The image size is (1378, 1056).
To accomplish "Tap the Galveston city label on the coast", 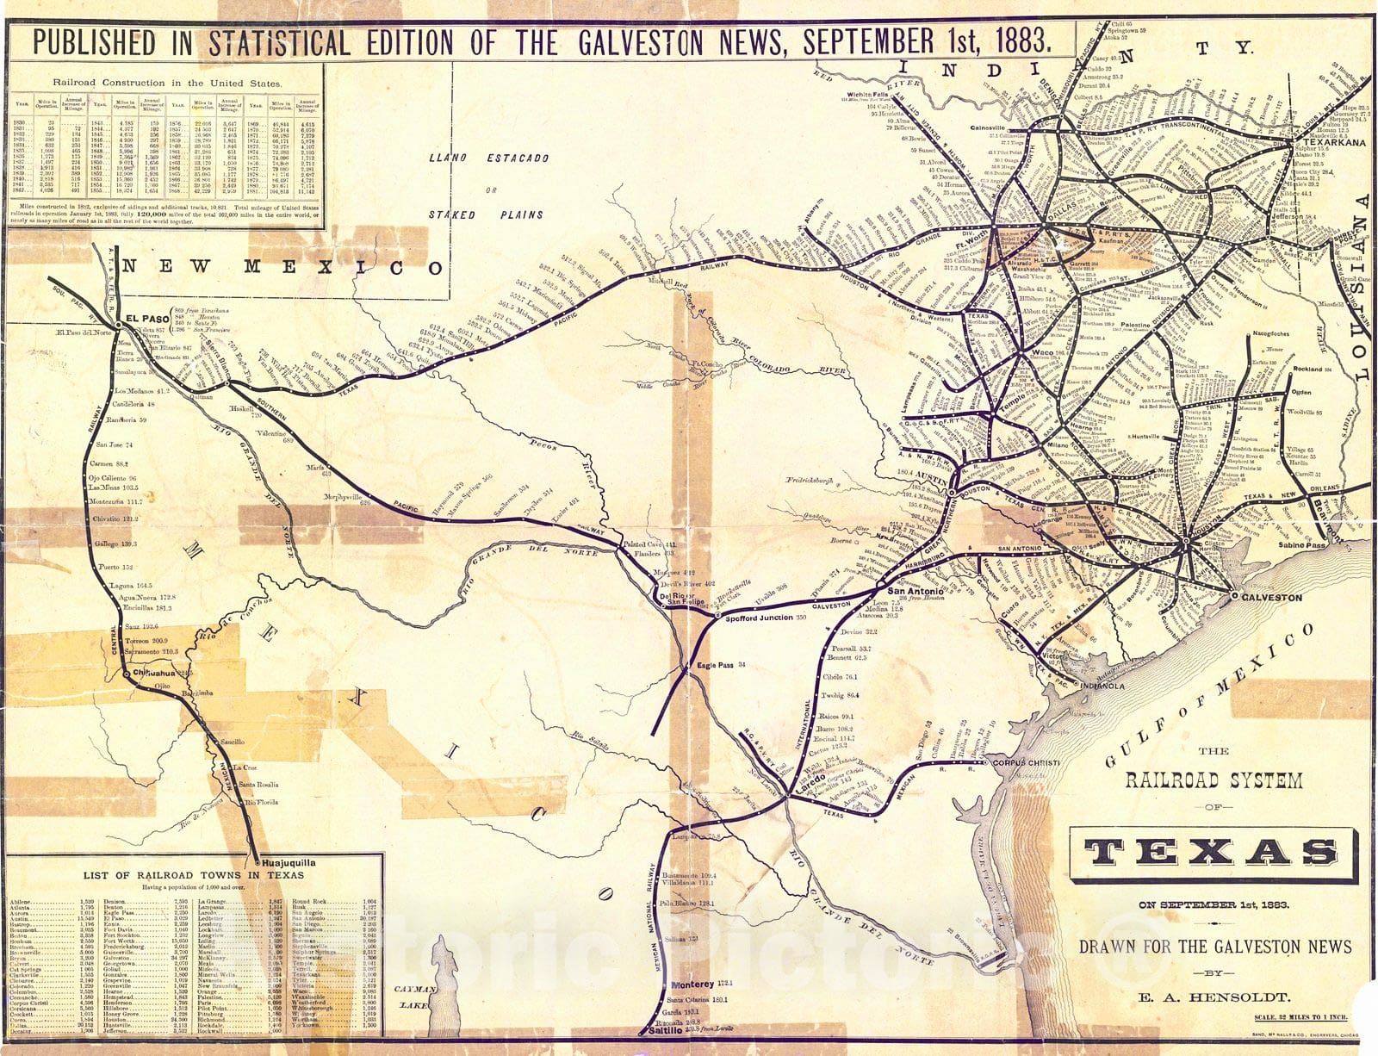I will point(1271,597).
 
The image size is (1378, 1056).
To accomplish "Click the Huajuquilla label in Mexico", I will point(289,862).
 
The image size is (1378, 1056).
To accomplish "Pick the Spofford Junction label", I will point(766,618).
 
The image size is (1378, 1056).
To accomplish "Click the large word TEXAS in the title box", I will point(1214,852).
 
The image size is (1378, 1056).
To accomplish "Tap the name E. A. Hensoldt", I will point(1214,997).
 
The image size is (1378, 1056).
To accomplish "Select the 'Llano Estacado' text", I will point(487,158).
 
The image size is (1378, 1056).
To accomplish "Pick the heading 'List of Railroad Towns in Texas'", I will point(193,875).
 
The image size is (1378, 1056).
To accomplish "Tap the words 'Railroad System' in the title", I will point(1214,780).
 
